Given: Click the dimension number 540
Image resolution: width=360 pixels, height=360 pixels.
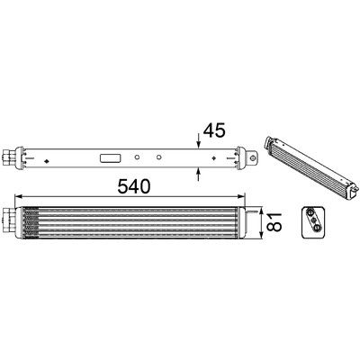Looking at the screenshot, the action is (x=134, y=186).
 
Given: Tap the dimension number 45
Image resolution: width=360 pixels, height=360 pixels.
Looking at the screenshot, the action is (x=214, y=130).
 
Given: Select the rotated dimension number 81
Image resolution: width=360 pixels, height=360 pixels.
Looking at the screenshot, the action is (x=274, y=222).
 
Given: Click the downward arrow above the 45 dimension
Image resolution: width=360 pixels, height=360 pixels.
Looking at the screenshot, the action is (x=198, y=140).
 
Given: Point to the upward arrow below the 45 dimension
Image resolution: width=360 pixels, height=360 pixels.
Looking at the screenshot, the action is (x=198, y=175).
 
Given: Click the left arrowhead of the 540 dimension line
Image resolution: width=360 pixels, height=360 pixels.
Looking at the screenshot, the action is (x=19, y=196).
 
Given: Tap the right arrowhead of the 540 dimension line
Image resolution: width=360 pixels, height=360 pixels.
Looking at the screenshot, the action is (x=241, y=196).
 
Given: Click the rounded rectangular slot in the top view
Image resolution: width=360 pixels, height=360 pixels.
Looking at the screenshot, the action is (x=111, y=157).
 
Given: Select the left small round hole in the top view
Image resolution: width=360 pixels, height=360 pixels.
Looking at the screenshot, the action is (x=137, y=157).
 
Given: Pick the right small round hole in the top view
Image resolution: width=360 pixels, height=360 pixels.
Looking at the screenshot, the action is (x=159, y=157).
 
